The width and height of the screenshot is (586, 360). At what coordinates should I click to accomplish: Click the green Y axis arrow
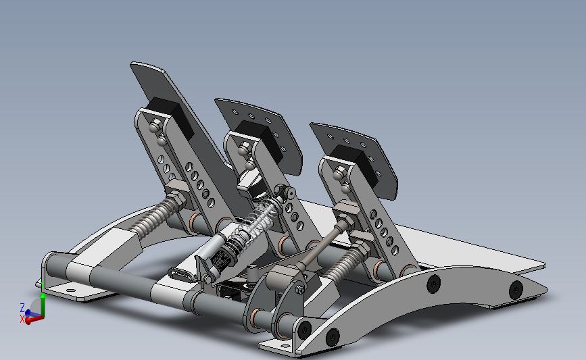click(x=43, y=305)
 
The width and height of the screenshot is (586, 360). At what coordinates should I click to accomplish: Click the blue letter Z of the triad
click(x=22, y=308)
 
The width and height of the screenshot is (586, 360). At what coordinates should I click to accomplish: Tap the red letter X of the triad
click(x=22, y=319)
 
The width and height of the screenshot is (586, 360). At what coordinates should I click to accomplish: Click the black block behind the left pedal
click(x=170, y=115)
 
